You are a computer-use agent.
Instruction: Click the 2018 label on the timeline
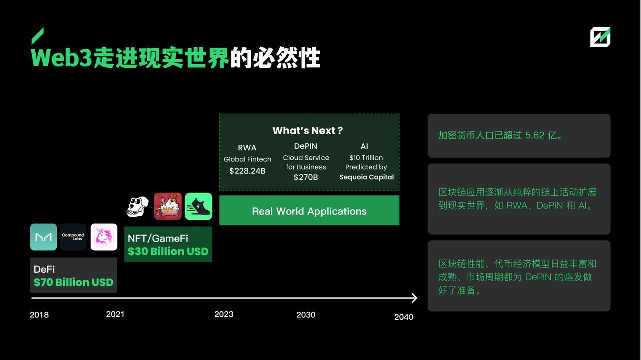(39, 315)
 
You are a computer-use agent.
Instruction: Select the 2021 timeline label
(115, 314)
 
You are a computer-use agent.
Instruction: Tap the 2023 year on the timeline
(224, 314)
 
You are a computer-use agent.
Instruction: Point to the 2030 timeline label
(306, 315)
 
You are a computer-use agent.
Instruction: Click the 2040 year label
(404, 317)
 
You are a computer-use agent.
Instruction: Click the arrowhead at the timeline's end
(414, 298)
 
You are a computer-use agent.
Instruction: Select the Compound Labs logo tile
(73, 237)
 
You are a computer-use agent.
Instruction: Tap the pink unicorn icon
(104, 237)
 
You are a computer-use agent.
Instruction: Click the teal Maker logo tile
(43, 237)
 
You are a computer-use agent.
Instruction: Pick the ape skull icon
(137, 206)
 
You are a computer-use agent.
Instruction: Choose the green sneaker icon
(198, 206)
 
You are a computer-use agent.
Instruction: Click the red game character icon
(168, 206)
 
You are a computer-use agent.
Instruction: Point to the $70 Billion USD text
(74, 282)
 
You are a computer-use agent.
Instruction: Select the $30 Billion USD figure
(168, 251)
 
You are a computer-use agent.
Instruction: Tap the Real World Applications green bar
(309, 211)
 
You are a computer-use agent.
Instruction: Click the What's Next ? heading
(307, 131)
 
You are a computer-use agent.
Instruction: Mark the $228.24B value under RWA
(247, 171)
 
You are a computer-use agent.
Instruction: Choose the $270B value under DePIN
(306, 177)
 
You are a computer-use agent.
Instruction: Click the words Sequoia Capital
(367, 177)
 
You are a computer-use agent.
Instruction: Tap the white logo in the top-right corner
(600, 37)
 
